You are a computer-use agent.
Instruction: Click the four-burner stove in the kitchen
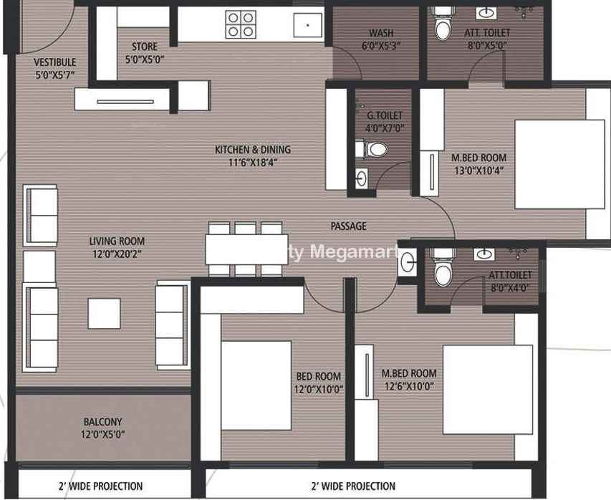point(241,24)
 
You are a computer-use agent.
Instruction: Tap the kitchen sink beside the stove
point(308,25)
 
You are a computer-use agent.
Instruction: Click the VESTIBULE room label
point(55,62)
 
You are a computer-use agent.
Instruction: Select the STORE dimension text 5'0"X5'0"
point(145,59)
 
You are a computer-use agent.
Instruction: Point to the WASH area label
point(381,33)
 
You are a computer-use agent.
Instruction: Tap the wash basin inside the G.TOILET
point(361,178)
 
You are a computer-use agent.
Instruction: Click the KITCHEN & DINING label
point(253,149)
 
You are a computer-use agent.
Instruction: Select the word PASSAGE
point(348,226)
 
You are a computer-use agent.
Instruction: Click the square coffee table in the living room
point(104,313)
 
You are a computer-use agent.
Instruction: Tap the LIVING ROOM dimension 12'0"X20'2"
point(117,254)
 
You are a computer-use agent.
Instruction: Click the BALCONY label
point(103,422)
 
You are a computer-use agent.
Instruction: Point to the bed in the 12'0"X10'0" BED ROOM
point(256,385)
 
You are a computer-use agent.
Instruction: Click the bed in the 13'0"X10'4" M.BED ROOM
point(559,164)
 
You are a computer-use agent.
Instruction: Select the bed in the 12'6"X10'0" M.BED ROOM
point(488,389)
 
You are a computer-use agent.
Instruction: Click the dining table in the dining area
point(246,249)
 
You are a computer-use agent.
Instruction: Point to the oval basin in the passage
point(407,262)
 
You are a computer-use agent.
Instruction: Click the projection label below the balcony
point(100,486)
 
